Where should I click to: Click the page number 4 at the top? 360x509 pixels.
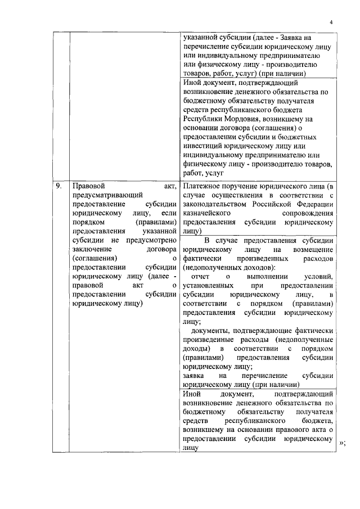(x=332, y=22)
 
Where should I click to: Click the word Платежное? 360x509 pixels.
(x=205, y=186)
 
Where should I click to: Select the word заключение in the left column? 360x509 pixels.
(x=92, y=249)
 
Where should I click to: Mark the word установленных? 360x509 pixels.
(x=211, y=286)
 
